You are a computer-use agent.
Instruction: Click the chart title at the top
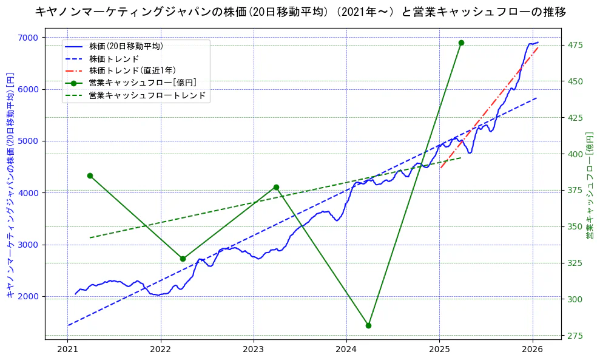tap(300, 12)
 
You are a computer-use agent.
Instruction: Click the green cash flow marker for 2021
tap(90, 175)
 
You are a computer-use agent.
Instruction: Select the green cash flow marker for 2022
tap(183, 259)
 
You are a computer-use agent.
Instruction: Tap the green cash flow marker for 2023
tap(276, 187)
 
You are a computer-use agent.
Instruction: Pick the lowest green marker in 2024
tap(368, 325)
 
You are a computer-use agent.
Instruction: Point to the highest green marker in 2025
tap(461, 42)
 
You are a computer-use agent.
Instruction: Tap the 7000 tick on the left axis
tap(29, 38)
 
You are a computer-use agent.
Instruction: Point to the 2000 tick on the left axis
tap(29, 297)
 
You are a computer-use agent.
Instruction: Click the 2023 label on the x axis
tap(254, 350)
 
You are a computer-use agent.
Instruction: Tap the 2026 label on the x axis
tap(532, 350)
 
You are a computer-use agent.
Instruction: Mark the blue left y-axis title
tap(10, 186)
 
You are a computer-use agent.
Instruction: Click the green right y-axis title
tap(589, 185)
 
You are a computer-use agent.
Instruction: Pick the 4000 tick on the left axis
tap(29, 193)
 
